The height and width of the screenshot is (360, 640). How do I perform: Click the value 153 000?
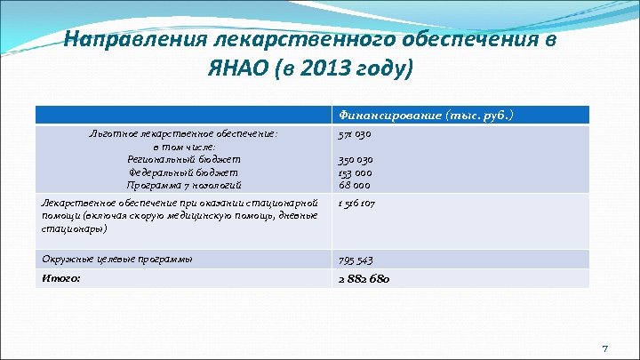click(x=355, y=172)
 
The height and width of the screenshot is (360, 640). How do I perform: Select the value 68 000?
click(x=353, y=185)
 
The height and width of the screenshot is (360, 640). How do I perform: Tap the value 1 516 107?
click(x=357, y=204)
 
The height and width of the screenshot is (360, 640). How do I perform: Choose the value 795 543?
click(x=356, y=260)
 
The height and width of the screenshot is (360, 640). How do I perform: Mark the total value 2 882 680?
click(x=364, y=279)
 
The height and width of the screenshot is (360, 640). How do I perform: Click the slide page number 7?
click(x=604, y=347)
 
